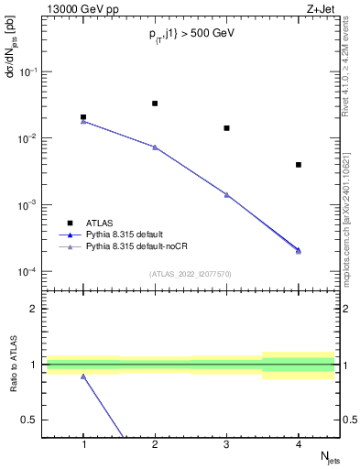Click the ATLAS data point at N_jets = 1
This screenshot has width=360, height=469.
click(83, 117)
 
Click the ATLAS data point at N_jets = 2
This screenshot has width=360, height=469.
click(155, 104)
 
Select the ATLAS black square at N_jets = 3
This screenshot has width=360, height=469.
click(226, 128)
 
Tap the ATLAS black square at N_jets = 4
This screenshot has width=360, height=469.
click(299, 165)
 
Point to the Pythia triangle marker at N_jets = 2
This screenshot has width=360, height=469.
click(155, 147)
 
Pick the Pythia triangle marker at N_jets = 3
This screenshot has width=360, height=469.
click(226, 194)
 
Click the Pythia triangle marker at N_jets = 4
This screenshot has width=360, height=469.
click(299, 250)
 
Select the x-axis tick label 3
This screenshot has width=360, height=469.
click(226, 444)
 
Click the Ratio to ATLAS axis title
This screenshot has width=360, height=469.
click(13, 364)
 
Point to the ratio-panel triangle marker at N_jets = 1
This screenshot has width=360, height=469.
click(83, 376)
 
